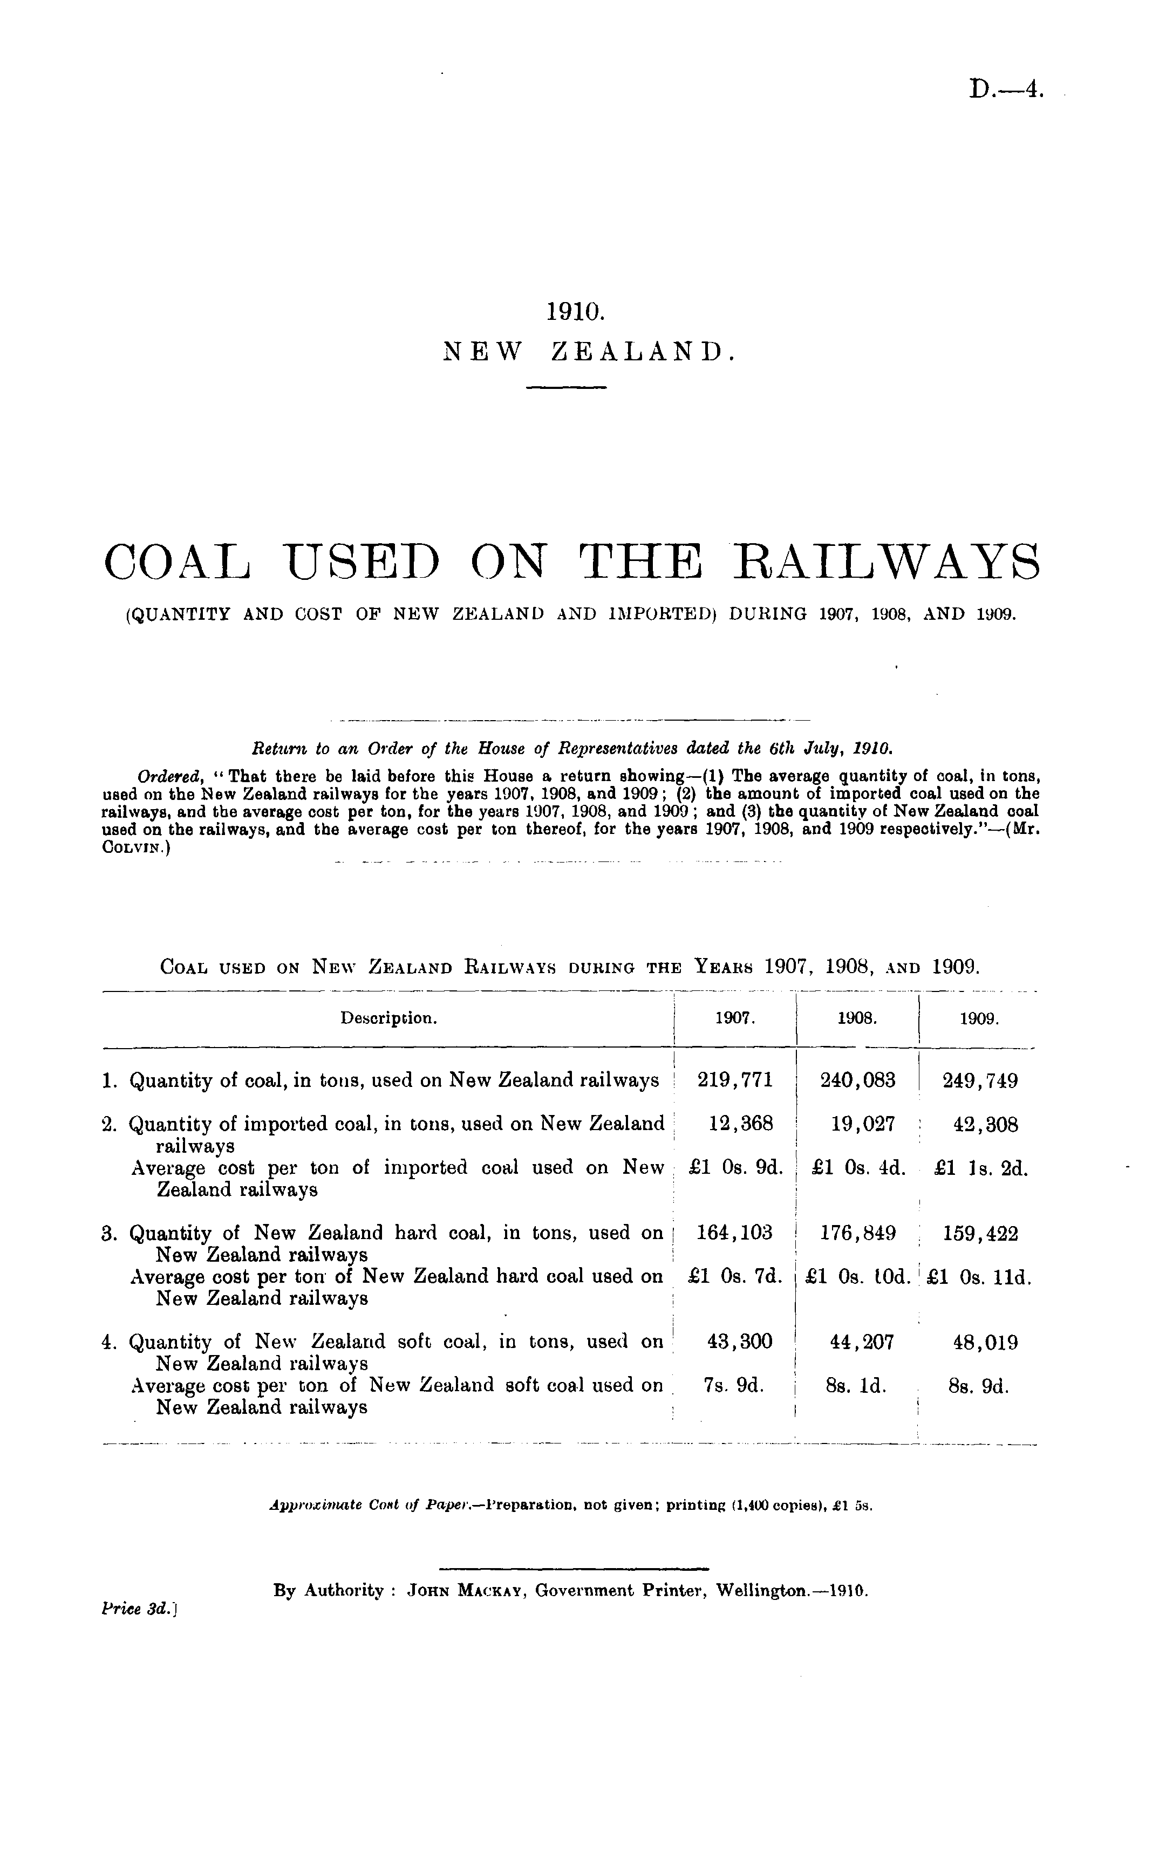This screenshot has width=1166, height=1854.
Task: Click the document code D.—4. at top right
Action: point(1007,90)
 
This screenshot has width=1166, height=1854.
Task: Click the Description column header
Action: point(389,1018)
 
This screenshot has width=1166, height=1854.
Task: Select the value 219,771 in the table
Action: point(734,1080)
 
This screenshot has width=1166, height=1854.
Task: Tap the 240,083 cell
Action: point(857,1080)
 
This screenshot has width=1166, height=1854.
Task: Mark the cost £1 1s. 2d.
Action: point(980,1168)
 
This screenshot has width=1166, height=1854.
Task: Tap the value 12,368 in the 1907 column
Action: point(739,1124)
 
